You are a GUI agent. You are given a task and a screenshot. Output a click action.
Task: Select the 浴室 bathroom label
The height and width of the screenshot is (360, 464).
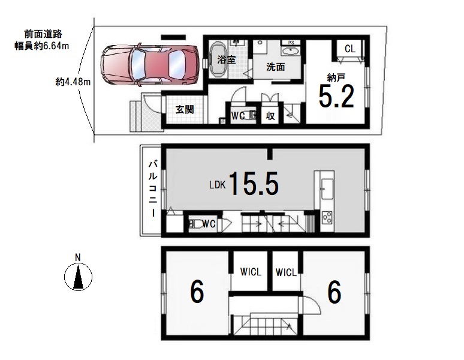point(227,60)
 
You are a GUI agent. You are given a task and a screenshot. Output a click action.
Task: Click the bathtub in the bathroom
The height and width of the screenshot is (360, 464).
point(218,59)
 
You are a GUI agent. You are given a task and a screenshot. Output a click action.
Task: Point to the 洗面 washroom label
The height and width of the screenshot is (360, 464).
point(276,67)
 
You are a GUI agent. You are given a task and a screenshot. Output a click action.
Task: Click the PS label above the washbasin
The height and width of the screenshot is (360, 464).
point(291,43)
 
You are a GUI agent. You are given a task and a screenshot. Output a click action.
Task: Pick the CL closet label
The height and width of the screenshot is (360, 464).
point(349,49)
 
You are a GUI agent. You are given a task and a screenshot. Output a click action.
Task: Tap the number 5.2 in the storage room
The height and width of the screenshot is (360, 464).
point(336,96)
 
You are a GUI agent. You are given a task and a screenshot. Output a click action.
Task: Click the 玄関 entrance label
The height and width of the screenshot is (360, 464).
point(185,110)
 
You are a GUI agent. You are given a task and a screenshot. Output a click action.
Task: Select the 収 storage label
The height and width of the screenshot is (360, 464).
point(270,116)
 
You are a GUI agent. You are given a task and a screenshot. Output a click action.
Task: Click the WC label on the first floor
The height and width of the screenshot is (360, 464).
point(238,116)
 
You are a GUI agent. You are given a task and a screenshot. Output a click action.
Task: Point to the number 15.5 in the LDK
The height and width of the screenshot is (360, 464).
point(254,184)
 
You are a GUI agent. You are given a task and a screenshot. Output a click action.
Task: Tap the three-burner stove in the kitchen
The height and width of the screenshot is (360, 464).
point(327,218)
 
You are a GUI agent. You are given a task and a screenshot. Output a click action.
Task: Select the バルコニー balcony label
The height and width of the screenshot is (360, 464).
point(153,189)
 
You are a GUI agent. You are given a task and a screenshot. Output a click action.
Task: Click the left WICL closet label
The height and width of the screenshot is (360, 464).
point(251,271)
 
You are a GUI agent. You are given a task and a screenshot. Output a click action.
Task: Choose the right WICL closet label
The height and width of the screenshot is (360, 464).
point(286,272)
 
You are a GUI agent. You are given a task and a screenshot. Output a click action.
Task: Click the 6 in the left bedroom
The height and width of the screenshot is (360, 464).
point(197,292)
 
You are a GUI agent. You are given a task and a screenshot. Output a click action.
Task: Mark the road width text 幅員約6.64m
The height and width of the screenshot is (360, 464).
point(42,46)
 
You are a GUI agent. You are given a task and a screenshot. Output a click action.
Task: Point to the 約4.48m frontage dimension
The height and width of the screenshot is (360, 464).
point(73,82)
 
